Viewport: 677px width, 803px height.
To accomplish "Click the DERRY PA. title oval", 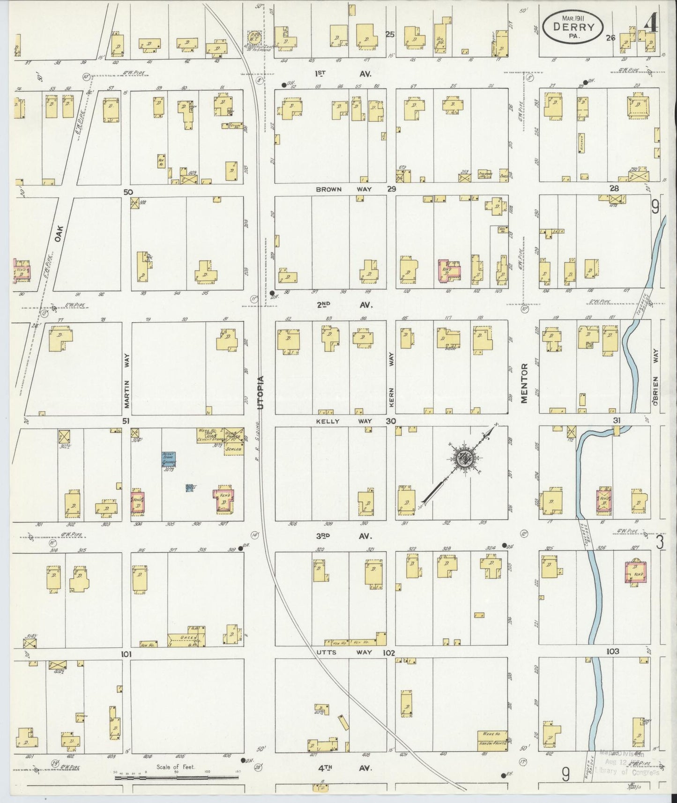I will coord(573,27).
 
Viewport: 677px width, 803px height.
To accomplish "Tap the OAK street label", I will coord(59,232).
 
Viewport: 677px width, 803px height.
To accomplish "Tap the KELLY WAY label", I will coord(344,421).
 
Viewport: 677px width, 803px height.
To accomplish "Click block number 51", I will coord(126,421).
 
